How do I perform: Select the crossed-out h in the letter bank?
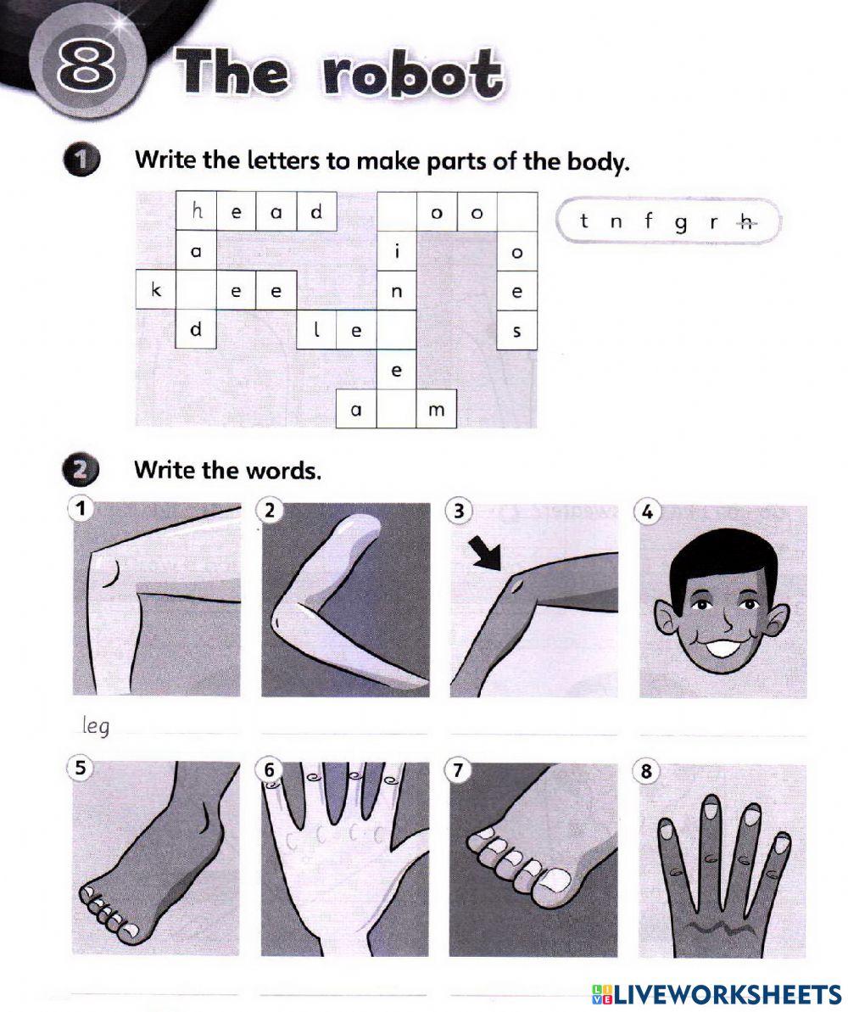746,222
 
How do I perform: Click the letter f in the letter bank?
649,222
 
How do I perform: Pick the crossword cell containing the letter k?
156,291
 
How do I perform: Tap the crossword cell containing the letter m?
437,410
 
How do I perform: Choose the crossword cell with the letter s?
517,332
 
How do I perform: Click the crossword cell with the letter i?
396,252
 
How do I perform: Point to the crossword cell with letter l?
317,332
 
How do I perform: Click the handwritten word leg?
97,726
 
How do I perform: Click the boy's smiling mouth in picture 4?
722,650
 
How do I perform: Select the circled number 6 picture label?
270,770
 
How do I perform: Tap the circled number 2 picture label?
270,511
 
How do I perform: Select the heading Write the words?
227,470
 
